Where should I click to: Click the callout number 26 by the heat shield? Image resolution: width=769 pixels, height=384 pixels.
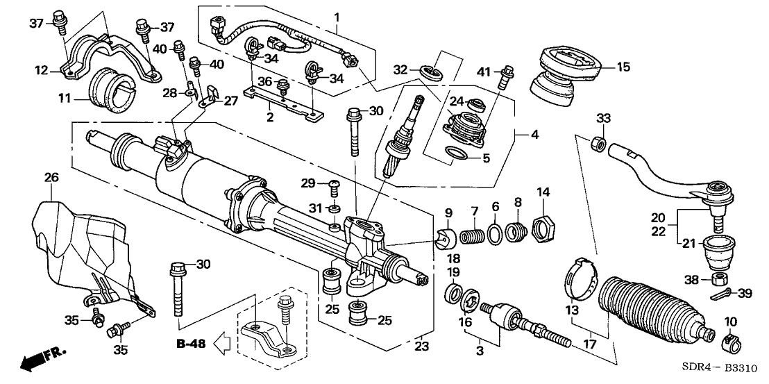point(50,178)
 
